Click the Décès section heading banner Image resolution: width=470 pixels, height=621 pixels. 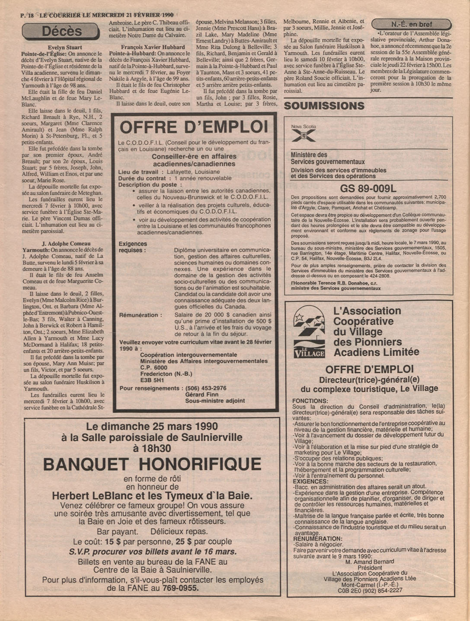coord(61,31)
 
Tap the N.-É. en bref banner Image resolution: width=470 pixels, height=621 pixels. coord(411,24)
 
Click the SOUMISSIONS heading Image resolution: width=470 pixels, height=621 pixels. coord(324,106)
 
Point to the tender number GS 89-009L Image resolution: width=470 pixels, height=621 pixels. coord(368,189)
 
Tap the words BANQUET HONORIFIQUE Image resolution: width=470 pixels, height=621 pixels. coord(152,464)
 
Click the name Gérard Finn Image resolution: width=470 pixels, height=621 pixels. coord(201,394)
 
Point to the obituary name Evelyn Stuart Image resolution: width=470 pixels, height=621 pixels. coord(65,48)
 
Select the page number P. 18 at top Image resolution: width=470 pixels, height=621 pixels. coord(27,15)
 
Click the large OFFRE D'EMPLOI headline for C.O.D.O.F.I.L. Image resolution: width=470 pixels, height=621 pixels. coord(194,127)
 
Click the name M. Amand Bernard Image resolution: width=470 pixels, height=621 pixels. coord(370,561)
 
